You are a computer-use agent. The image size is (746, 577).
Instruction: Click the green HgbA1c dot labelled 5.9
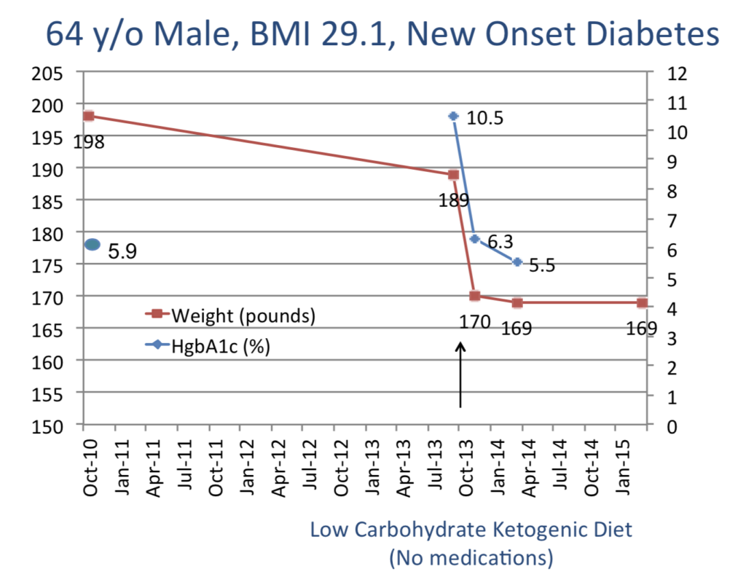[93, 245]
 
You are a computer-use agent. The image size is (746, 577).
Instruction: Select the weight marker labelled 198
[89, 116]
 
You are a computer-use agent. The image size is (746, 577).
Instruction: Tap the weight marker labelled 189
[453, 175]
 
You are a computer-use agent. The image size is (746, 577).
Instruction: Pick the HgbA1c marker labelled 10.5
[453, 116]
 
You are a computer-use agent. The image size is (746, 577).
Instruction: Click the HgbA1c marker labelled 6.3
[474, 239]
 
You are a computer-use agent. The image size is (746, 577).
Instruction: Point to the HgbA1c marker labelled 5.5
[517, 262]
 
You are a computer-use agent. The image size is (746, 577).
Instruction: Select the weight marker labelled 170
[474, 296]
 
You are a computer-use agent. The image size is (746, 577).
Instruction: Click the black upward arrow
[460, 374]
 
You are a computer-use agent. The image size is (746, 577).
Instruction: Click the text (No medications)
[471, 558]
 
